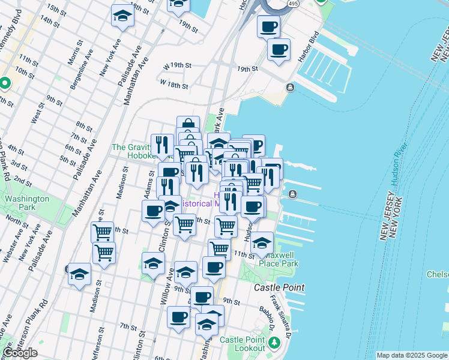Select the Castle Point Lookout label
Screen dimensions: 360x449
[x=242, y=344]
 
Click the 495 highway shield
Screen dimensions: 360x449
[x=292, y=4]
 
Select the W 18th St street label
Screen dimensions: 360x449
[x=174, y=83]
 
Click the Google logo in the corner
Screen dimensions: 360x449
[x=20, y=353]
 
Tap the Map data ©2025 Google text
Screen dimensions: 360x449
[x=411, y=355]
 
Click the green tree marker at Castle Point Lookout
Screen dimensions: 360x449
[x=274, y=343]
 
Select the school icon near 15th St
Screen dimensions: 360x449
[x=122, y=16]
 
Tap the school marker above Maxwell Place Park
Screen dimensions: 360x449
[x=262, y=243]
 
